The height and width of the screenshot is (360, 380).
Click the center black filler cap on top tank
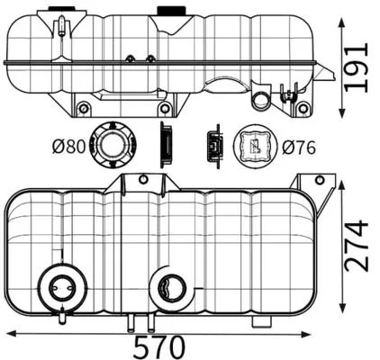pyautogui.click(x=168, y=11)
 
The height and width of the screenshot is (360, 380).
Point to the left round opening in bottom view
pyautogui.click(x=59, y=289)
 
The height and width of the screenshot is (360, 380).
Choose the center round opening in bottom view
pyautogui.click(x=168, y=289)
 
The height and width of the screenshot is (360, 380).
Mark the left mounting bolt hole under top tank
pyautogui.click(x=84, y=109)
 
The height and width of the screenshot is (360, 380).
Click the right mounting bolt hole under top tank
pyautogui.click(x=303, y=109)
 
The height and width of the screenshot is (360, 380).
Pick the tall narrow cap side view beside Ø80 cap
pyautogui.click(x=166, y=144)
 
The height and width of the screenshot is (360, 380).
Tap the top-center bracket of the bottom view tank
pyautogui.click(x=142, y=184)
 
